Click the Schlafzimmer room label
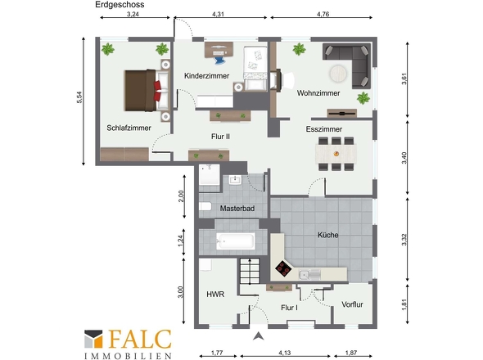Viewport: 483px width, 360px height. (129, 128)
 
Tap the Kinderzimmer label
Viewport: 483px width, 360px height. (206, 76)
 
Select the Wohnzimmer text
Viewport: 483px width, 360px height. (318, 93)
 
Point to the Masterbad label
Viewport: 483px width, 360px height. (237, 209)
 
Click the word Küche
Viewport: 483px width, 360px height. (328, 235)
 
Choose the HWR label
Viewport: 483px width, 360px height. (215, 295)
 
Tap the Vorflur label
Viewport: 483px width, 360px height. (352, 304)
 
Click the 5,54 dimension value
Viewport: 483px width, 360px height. (79, 97)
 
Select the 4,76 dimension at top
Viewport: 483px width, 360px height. (323, 14)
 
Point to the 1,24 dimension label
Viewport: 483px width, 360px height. (181, 241)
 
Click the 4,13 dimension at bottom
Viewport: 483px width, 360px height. (285, 353)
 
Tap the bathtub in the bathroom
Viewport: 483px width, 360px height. (235, 241)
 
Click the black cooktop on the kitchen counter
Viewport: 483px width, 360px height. (283, 268)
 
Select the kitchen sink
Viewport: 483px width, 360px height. (309, 274)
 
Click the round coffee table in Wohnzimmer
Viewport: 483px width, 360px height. (338, 74)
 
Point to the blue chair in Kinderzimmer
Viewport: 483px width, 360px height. (219, 59)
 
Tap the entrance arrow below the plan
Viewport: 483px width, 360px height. (259, 336)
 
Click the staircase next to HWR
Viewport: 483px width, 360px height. (250, 271)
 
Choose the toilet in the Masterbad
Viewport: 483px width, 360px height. (205, 206)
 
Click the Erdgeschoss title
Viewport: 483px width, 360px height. (120, 5)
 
